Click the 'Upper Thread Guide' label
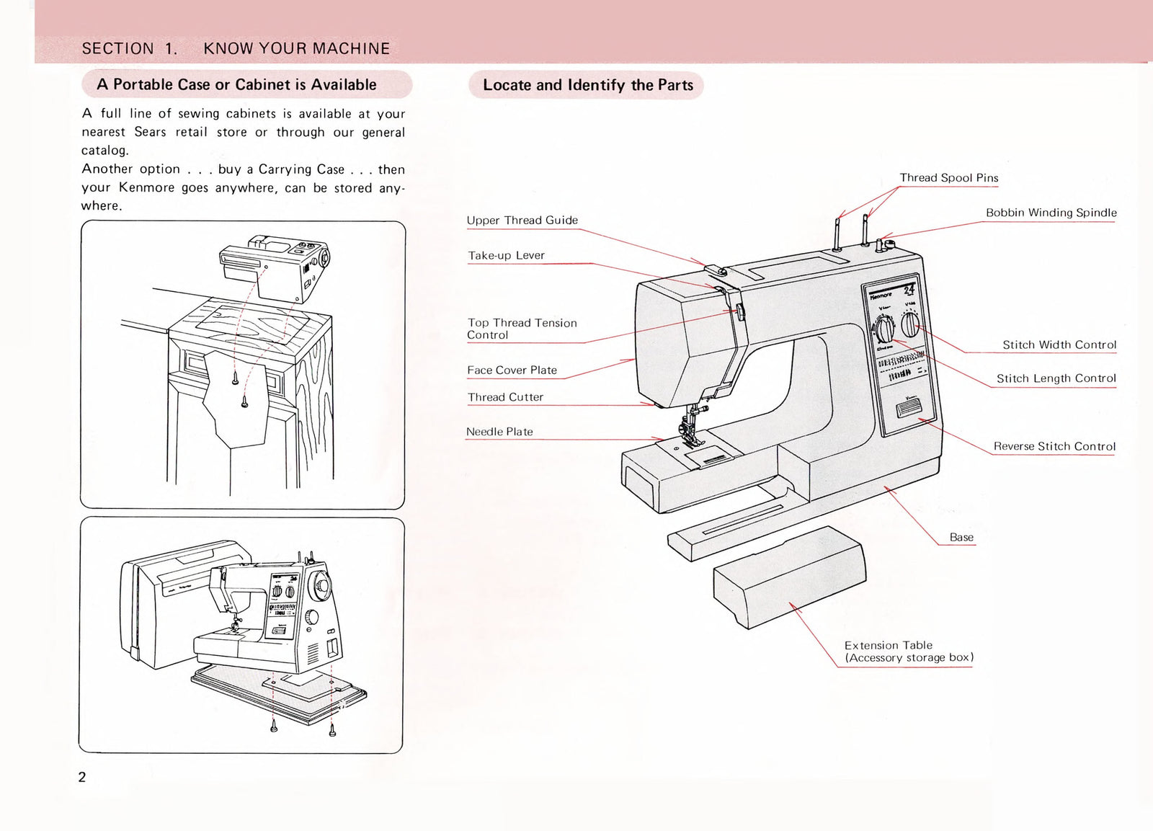[x=522, y=221]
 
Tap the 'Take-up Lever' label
[x=506, y=256]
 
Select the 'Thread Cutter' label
[x=505, y=397]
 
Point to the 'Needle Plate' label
[x=499, y=432]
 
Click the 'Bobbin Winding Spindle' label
[x=1051, y=213]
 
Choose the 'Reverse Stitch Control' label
[x=1054, y=446]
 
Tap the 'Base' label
[x=961, y=537]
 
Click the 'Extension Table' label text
[x=888, y=645]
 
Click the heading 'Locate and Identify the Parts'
[x=587, y=85]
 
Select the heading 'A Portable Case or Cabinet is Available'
[x=236, y=84]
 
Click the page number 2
[x=82, y=777]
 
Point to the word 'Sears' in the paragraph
[x=150, y=132]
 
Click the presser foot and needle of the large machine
[x=690, y=425]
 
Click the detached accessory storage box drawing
[x=789, y=576]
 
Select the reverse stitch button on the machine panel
[x=908, y=411]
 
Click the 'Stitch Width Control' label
[x=1059, y=345]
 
